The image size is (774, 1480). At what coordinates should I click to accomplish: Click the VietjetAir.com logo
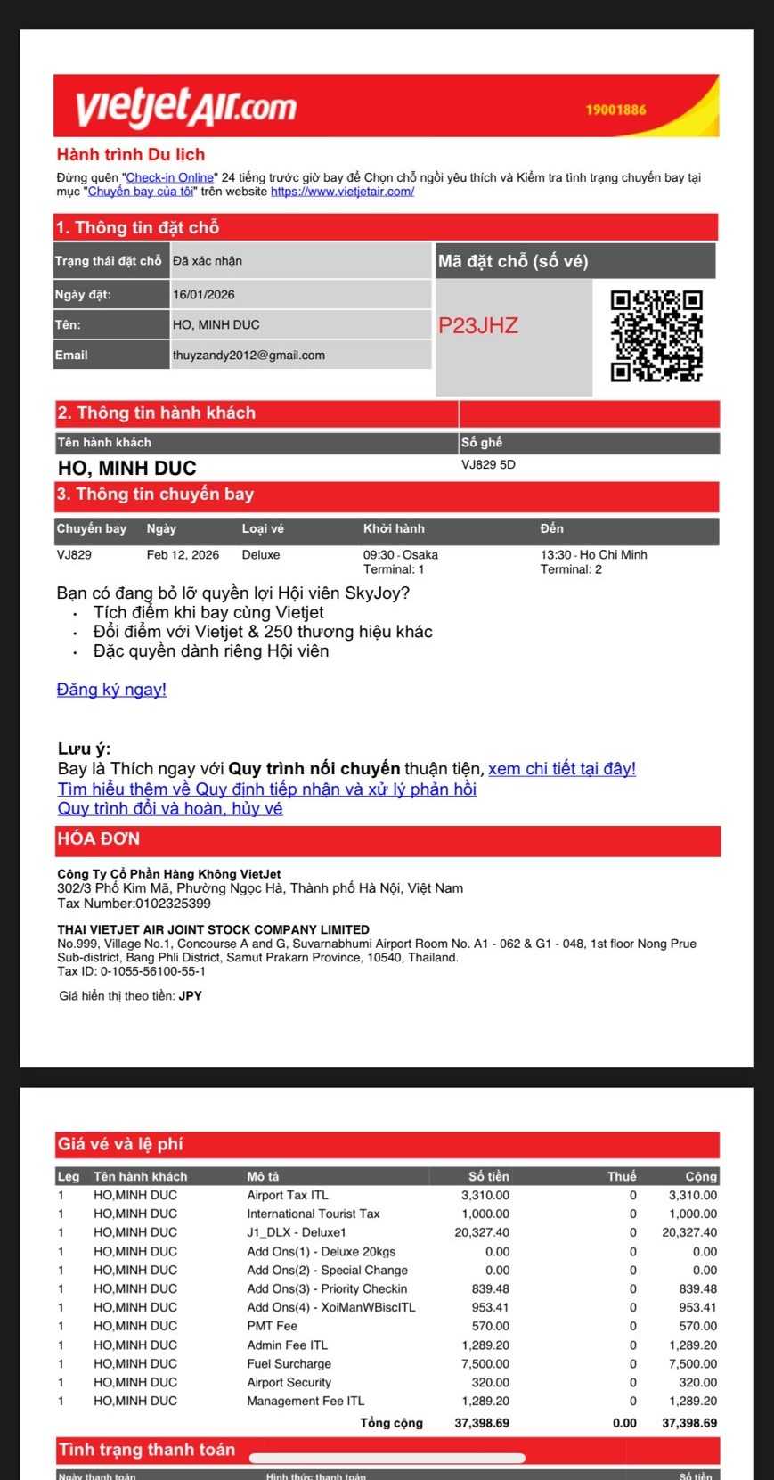tap(186, 106)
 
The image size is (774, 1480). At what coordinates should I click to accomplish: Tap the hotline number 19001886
tap(615, 110)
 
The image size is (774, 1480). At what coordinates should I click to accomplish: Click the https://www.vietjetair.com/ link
tap(342, 192)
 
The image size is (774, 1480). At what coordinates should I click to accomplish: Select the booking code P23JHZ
tap(477, 326)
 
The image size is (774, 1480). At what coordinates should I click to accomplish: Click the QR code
tap(656, 336)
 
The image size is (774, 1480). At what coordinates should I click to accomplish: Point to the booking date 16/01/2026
tap(204, 295)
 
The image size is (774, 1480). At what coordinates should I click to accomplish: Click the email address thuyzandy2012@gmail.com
tap(248, 356)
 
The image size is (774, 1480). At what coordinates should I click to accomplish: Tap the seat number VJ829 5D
tap(488, 465)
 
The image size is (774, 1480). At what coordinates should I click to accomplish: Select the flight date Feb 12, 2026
tap(183, 555)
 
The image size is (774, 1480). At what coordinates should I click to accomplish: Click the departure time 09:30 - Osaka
tap(400, 555)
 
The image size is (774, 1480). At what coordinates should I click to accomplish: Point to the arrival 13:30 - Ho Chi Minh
tap(593, 555)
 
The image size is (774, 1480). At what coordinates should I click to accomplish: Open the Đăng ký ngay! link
tap(111, 690)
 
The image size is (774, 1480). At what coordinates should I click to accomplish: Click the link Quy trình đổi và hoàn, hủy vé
tap(170, 809)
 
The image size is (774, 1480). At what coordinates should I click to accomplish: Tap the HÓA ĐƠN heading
tap(99, 839)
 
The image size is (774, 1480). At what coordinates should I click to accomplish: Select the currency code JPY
tap(191, 996)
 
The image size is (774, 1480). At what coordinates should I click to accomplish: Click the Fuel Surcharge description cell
tap(289, 1364)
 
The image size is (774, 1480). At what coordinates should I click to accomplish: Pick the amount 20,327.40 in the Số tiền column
tap(482, 1233)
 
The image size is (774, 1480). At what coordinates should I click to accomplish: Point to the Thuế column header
tap(622, 1177)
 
